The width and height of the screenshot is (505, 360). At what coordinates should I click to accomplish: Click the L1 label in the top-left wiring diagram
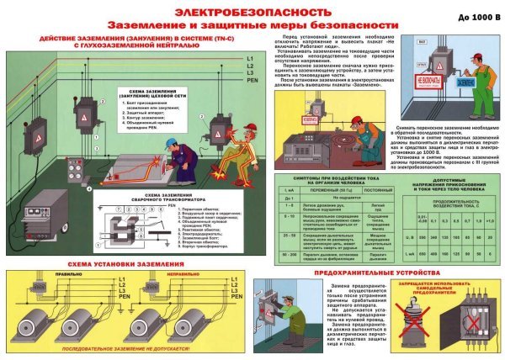(x=250, y=55)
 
